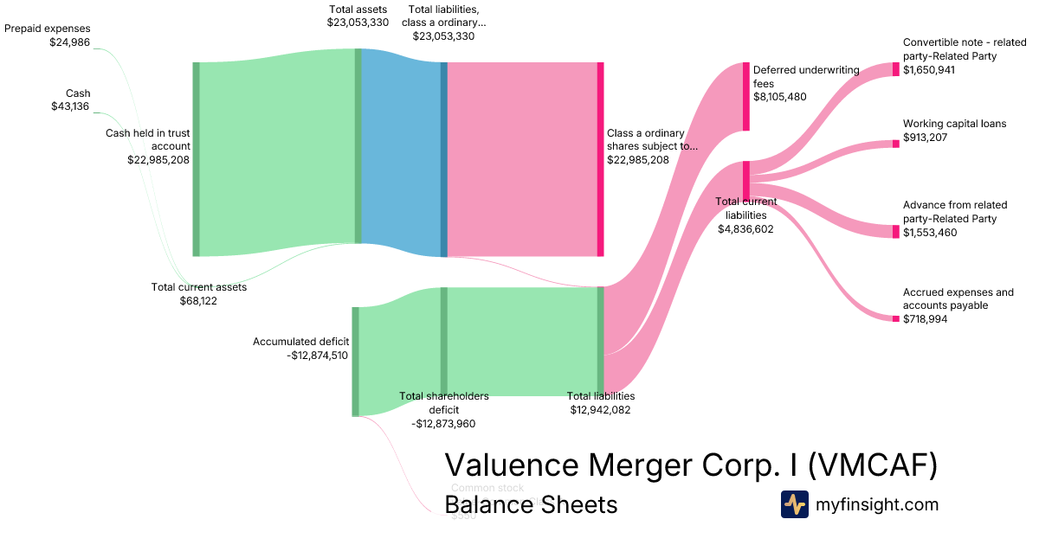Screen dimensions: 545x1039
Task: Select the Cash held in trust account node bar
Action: point(196,159)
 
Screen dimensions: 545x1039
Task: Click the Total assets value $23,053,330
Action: point(358,22)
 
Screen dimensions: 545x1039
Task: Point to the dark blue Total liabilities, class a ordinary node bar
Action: point(444,159)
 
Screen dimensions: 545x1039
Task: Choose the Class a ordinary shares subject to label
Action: point(652,140)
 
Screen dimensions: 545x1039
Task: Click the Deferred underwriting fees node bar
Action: point(745,96)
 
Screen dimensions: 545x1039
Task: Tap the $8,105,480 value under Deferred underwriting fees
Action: point(779,97)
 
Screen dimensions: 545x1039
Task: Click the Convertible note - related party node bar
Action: point(896,69)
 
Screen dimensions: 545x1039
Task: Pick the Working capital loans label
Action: point(954,124)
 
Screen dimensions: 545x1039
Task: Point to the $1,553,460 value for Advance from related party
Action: point(930,232)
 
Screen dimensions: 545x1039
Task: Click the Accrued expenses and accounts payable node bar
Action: point(896,318)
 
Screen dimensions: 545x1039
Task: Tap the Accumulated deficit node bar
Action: point(355,362)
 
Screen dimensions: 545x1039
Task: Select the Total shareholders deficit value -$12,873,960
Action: point(443,424)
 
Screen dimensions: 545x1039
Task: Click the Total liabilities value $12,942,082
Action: point(600,410)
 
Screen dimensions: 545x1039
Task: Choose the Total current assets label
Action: point(199,287)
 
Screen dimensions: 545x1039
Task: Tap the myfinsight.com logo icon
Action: point(794,504)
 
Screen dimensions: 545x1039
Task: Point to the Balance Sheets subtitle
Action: point(531,504)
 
